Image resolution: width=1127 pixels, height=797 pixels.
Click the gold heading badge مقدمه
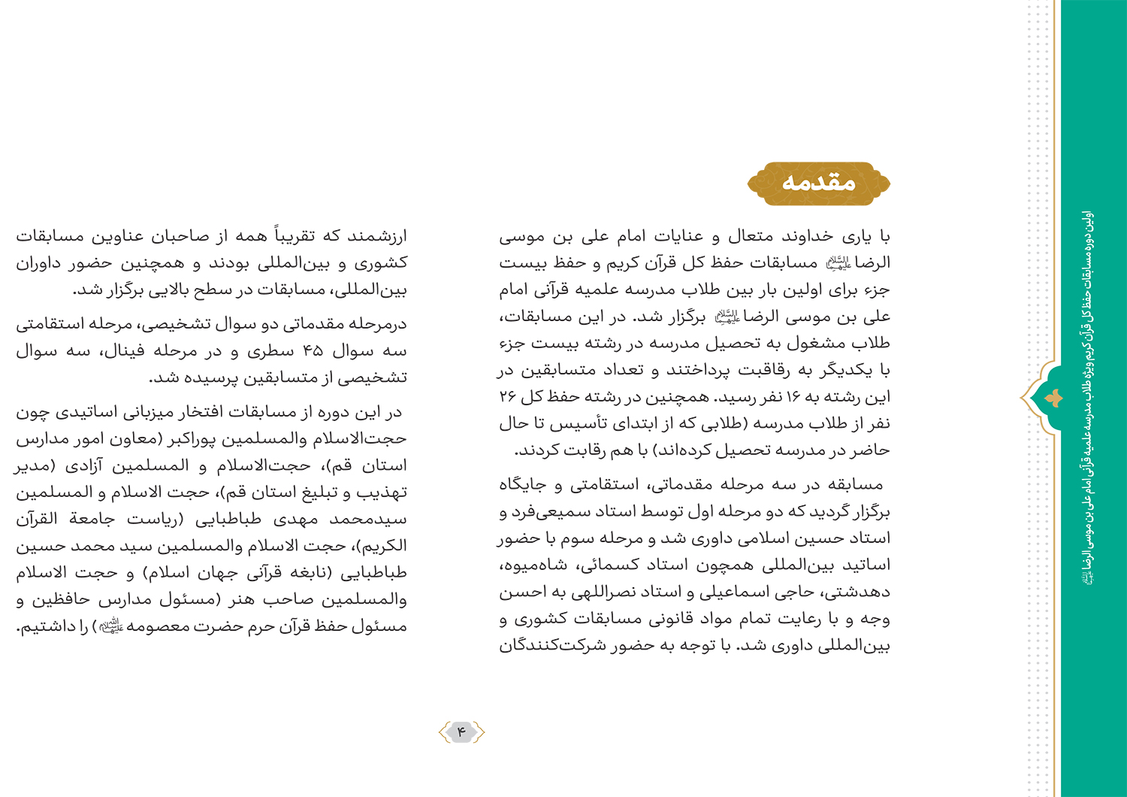click(818, 183)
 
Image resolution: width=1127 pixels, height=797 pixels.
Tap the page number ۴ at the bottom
click(461, 732)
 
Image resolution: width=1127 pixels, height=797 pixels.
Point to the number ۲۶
click(508, 397)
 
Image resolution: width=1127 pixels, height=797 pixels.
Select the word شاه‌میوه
click(531, 565)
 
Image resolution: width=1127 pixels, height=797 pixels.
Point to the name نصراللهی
click(598, 592)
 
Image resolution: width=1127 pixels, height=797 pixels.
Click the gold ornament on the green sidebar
click(1054, 398)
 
